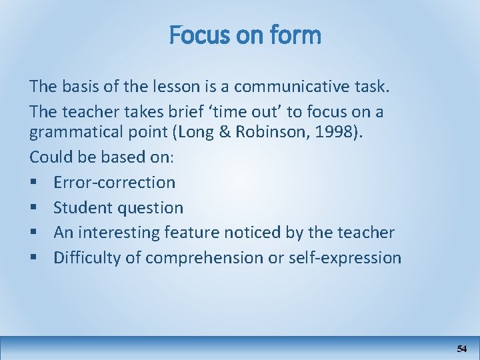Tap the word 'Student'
(85, 207)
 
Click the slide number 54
(462, 348)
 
